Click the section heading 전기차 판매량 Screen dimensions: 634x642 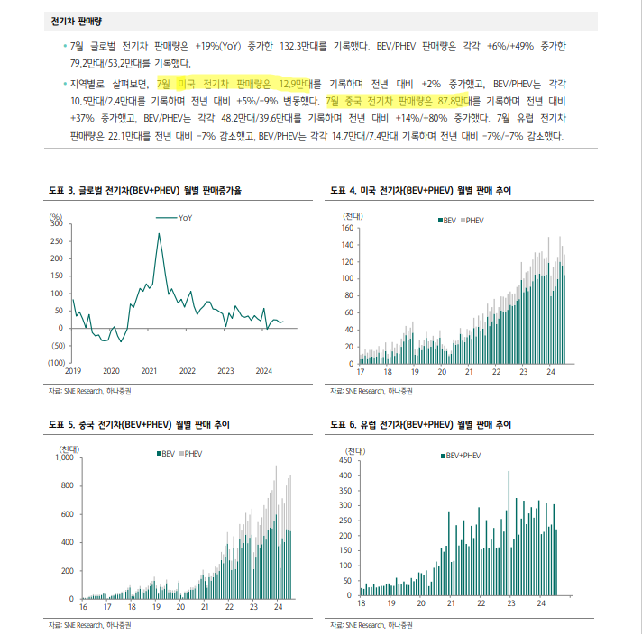point(76,20)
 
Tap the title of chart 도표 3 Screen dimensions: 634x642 point(145,191)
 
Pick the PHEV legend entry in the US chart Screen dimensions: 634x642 point(474,220)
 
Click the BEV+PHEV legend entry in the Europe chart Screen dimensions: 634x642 point(463,456)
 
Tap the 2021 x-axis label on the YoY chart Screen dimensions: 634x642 point(149,371)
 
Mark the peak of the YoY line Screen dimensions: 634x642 point(159,234)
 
